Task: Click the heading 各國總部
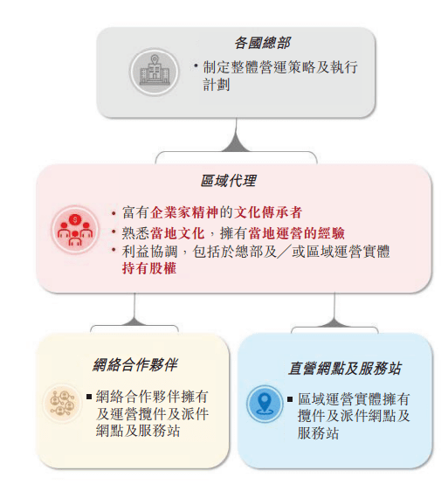tap(262, 43)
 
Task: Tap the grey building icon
tap(154, 72)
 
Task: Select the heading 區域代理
tap(228, 180)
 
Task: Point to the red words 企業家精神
tap(185, 212)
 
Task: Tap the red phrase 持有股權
tap(149, 268)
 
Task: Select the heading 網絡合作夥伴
tap(135, 364)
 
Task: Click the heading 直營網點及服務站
tap(344, 369)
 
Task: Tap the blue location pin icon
tap(264, 404)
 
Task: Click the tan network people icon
tap(63, 403)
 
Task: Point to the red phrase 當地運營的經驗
tap(297, 233)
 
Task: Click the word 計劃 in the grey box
tap(216, 85)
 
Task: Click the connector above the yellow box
tap(134, 313)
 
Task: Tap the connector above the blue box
tap(334, 313)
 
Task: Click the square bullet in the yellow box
tap(89, 397)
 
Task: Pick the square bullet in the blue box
tap(290, 399)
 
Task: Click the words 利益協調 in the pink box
tap(149, 252)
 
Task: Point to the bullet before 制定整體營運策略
tap(196, 66)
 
